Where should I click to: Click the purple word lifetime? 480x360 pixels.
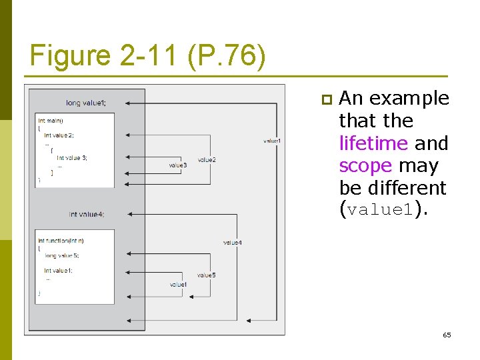(x=373, y=143)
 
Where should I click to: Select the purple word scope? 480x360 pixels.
(x=365, y=165)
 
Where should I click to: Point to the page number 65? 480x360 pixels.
(x=447, y=335)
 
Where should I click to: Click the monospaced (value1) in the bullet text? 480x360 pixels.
(x=383, y=211)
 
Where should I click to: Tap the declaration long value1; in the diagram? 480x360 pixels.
(x=85, y=103)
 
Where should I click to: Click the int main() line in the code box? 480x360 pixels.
(x=51, y=121)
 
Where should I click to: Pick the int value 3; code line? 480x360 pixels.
(x=71, y=157)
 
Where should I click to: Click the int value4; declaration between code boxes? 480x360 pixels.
(x=87, y=215)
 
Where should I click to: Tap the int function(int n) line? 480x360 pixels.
(x=61, y=240)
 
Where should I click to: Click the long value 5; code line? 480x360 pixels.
(x=61, y=255)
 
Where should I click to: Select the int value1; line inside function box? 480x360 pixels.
(x=59, y=271)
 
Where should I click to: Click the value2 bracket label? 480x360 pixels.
(x=207, y=160)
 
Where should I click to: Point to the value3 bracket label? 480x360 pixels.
(x=177, y=165)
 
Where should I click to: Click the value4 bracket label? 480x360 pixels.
(x=232, y=243)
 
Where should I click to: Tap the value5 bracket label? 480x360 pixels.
(x=206, y=275)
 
